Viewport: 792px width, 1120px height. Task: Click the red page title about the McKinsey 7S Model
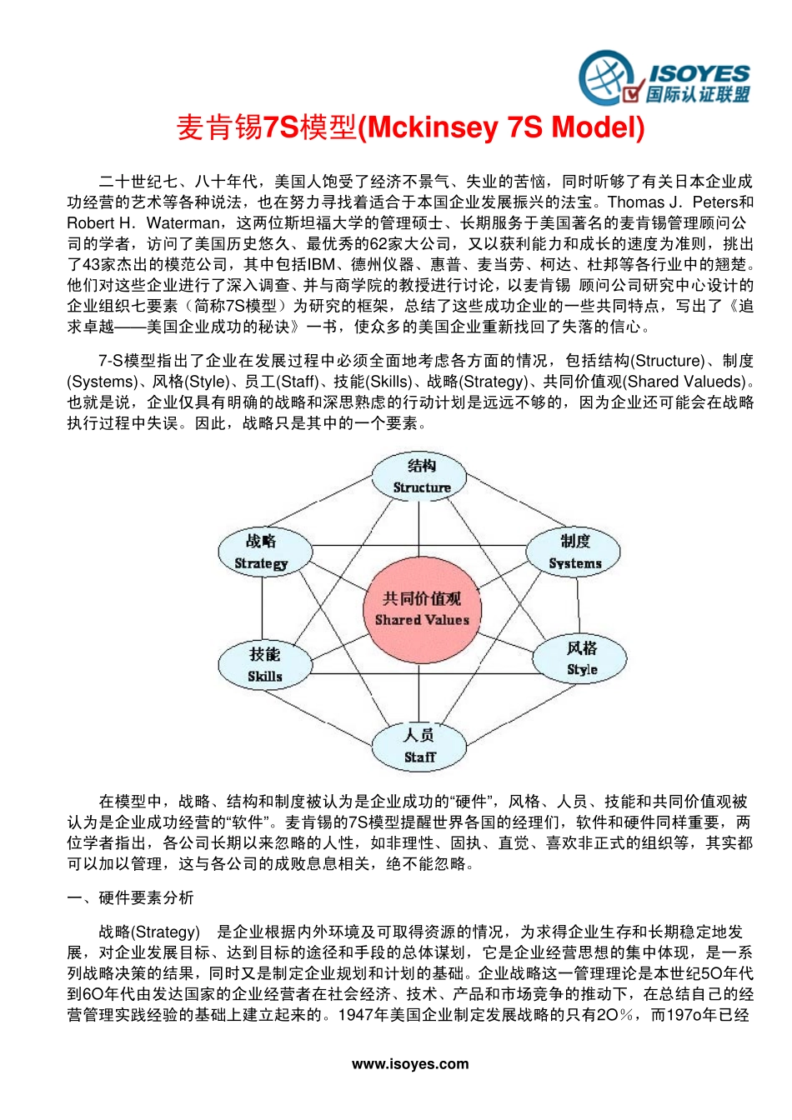410,127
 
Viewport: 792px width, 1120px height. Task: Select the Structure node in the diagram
419,477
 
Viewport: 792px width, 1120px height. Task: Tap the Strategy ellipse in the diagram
264,552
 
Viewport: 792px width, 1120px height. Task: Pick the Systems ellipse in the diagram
574,552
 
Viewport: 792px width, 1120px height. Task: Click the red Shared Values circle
421,609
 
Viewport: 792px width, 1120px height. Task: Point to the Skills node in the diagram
265,665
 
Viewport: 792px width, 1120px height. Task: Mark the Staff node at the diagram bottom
419,746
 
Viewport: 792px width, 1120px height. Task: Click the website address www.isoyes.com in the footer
410,1064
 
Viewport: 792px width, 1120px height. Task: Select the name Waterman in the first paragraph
184,223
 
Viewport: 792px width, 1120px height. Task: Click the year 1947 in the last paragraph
353,1015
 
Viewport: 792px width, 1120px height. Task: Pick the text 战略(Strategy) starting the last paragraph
149,932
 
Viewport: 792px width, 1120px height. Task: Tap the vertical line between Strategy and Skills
263,608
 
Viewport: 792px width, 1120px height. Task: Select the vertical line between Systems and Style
578,606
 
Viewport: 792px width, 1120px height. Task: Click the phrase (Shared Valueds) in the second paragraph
684,382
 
